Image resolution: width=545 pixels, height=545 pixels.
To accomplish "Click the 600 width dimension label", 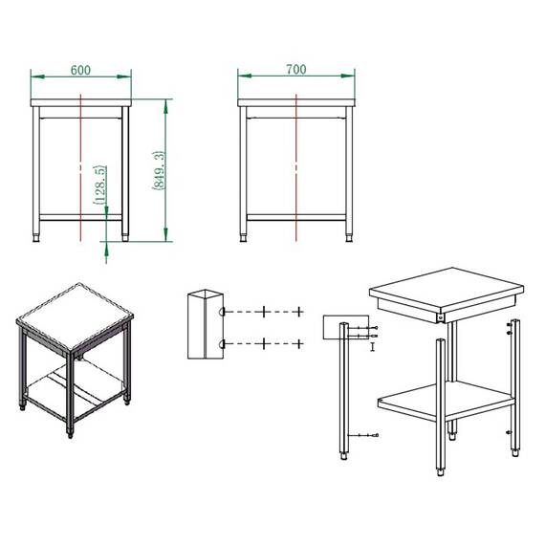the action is pyautogui.click(x=80, y=70).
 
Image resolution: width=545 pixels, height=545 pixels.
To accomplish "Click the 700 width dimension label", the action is pyautogui.click(x=296, y=69).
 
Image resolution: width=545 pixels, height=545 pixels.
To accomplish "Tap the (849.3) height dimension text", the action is pyautogui.click(x=159, y=170).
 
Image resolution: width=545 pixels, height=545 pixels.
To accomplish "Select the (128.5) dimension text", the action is pyautogui.click(x=99, y=185).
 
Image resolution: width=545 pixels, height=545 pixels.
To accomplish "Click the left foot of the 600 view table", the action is pyautogui.click(x=35, y=238).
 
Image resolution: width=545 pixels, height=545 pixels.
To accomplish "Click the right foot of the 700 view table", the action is pyautogui.click(x=349, y=238).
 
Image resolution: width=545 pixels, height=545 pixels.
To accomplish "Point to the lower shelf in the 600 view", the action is pyautogui.click(x=80, y=217).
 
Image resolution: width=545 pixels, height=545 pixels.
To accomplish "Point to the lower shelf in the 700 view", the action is pyautogui.click(x=296, y=217).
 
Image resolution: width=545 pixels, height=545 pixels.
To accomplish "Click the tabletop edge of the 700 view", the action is pyautogui.click(x=296, y=102).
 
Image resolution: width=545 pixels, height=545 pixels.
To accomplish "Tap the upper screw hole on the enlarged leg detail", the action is pyautogui.click(x=222, y=312).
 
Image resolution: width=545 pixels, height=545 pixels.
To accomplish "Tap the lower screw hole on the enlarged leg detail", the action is pyautogui.click(x=222, y=344).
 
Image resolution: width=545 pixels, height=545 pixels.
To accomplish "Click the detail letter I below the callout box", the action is pyautogui.click(x=373, y=346).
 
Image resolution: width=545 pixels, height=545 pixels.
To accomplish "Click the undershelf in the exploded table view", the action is pyautogui.click(x=447, y=400).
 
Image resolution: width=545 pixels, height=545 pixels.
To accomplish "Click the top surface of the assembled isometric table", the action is pyautogui.click(x=75, y=316).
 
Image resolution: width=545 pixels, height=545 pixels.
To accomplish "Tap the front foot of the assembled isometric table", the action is pyautogui.click(x=70, y=434).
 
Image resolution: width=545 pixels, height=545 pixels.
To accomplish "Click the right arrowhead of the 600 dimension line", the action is pyautogui.click(x=124, y=76).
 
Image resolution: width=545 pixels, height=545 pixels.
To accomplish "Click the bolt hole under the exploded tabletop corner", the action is pyautogui.click(x=441, y=317).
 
